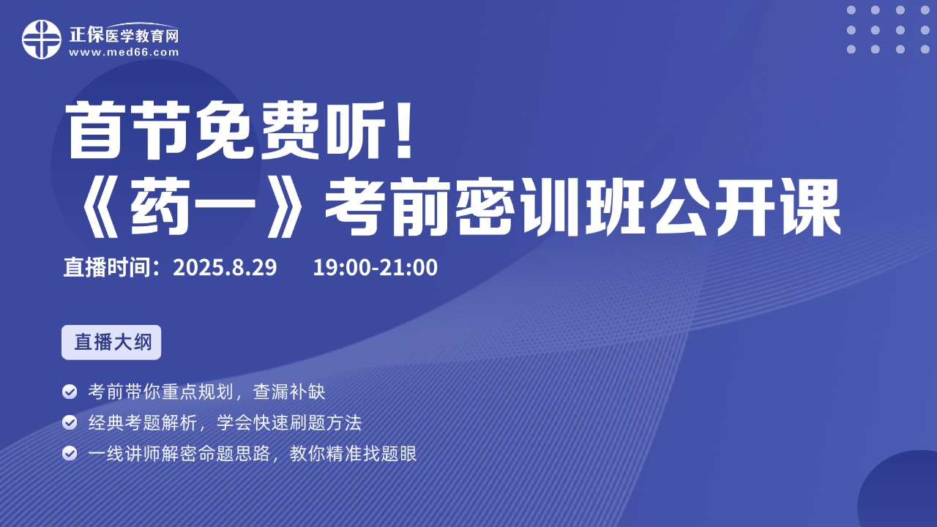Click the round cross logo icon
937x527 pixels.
click(42, 40)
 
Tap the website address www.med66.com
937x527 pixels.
click(124, 52)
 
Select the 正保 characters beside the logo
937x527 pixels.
click(86, 34)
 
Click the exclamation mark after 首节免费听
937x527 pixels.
click(404, 130)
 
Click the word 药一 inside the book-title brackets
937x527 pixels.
click(193, 206)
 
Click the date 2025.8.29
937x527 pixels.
click(225, 267)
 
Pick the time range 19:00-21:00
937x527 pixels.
click(376, 267)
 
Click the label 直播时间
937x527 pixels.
click(107, 267)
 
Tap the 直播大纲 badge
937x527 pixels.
click(111, 342)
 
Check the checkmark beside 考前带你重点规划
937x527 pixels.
click(70, 392)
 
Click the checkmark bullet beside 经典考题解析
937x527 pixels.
click(70, 422)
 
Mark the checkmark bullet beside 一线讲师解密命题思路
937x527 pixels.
click(70, 453)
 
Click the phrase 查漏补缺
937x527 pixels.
click(289, 392)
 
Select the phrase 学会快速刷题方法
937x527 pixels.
click(289, 423)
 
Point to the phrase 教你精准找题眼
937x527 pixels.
click(353, 454)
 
